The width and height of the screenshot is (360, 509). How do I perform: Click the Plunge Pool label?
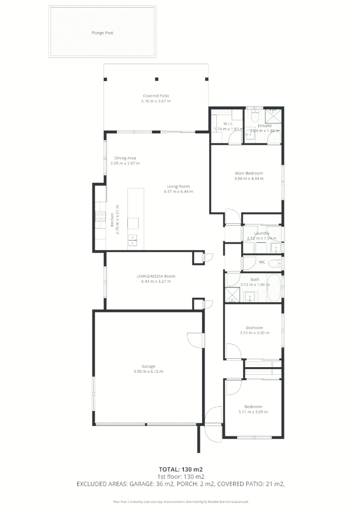102,33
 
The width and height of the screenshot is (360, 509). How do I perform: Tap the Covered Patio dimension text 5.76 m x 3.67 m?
156,101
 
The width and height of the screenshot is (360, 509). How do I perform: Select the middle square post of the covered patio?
157,79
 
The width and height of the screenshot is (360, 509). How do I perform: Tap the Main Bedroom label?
249,173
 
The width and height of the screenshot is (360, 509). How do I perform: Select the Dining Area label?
125,158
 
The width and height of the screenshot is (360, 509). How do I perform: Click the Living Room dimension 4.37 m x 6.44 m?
178,192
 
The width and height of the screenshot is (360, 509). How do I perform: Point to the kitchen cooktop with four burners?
100,216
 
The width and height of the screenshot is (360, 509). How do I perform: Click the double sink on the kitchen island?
133,240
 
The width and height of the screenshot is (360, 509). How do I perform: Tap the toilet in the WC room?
278,263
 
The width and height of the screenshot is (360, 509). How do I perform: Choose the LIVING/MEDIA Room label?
156,276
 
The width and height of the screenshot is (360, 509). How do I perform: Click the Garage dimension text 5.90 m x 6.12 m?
148,371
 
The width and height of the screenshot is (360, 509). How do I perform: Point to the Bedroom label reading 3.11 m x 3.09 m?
253,407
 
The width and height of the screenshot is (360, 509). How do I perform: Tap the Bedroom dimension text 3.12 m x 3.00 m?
254,333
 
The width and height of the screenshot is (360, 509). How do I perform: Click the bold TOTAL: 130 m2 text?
180,469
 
